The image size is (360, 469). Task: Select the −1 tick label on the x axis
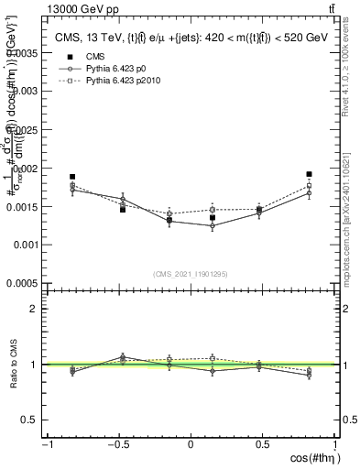(46, 444)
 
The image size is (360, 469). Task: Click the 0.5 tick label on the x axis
(262, 444)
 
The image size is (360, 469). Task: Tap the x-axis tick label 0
(191, 444)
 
